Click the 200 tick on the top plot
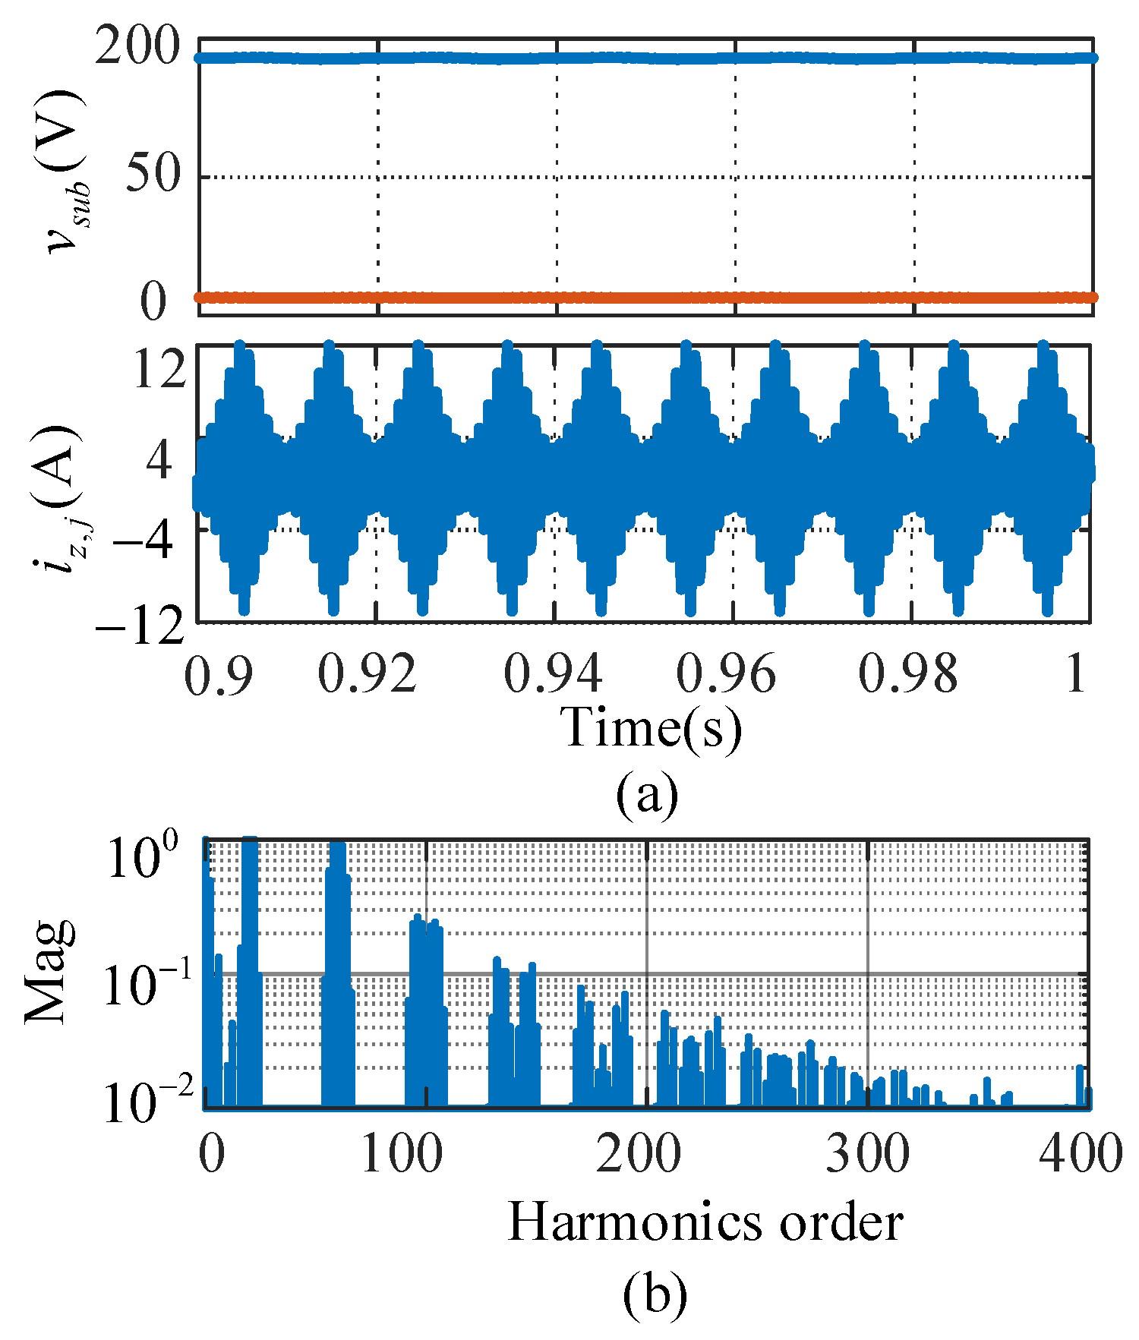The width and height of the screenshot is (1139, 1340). pos(137,51)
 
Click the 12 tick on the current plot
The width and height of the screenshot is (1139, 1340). pos(159,371)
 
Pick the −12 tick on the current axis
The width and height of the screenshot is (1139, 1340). pos(140,627)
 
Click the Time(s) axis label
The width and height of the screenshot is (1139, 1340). pos(652,727)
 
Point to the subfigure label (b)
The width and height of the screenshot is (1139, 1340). pos(655,1294)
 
